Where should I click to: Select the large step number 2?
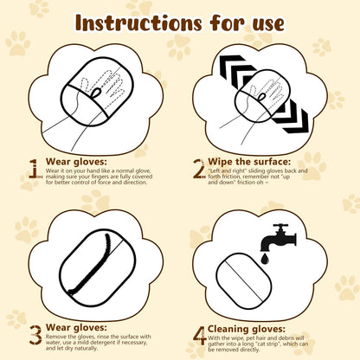click(x=198, y=167)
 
